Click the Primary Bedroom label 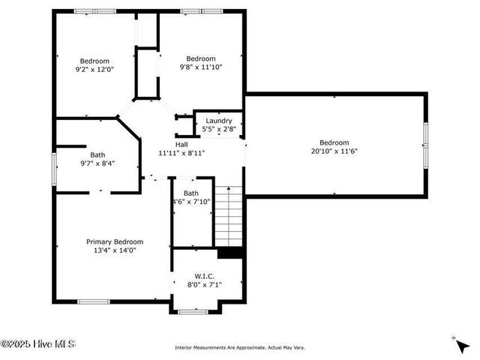[114, 241]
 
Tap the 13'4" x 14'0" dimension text [114, 251]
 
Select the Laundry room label [219, 120]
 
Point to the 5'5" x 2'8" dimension [219, 129]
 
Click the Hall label [181, 144]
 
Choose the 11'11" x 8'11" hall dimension [181, 153]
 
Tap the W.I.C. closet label [204, 276]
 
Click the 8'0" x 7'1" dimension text [204, 285]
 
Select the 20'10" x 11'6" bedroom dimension [334, 151]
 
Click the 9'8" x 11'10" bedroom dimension [201, 67]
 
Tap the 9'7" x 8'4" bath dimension [97, 163]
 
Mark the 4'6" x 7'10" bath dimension [192, 201]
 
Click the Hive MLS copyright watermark [37, 344]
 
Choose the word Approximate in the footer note [244, 347]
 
